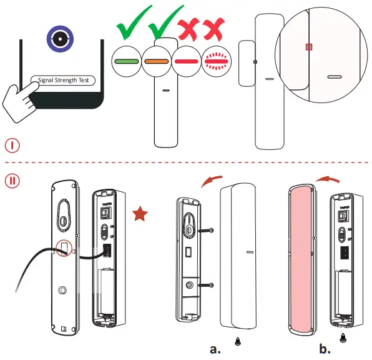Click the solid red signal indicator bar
coord(189,62)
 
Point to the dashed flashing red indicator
coord(218,62)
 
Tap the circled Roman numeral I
coord(14,146)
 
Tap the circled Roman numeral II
coord(14,181)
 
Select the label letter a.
coord(216,349)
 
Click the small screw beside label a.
coord(238,341)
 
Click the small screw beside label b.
coord(343,337)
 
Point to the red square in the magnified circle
coord(308,47)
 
